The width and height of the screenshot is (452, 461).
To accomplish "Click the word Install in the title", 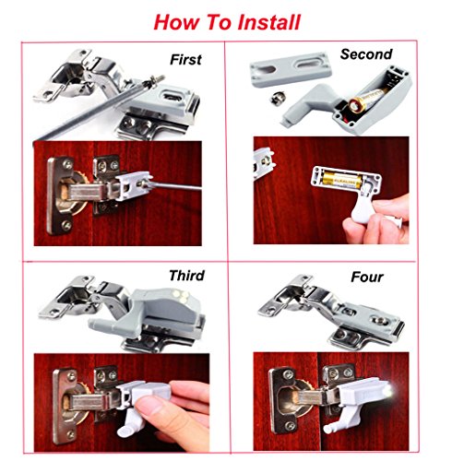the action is [269, 22].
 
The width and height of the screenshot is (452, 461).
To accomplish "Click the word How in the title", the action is [176, 22].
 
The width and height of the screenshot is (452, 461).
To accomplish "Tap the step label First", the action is [185, 60].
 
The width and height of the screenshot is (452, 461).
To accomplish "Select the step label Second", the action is [366, 54].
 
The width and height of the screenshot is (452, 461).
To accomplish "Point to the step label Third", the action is [186, 276].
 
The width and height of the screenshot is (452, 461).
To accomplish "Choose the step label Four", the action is [367, 278].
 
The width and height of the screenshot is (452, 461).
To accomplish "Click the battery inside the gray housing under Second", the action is [366, 100].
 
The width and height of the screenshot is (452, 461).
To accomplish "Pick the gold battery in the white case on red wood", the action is [341, 182].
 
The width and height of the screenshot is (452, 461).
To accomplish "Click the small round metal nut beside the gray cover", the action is [278, 98].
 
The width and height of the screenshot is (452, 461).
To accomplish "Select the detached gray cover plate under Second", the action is [291, 69].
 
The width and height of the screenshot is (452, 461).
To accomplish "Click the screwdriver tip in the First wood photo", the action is [145, 183].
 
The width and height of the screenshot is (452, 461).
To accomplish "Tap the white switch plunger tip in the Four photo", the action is [327, 428].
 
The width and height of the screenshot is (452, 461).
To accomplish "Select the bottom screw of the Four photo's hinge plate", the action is [289, 426].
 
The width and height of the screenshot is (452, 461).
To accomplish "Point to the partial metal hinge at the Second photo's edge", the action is [264, 162].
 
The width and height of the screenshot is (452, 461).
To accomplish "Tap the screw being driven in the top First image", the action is [155, 81].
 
